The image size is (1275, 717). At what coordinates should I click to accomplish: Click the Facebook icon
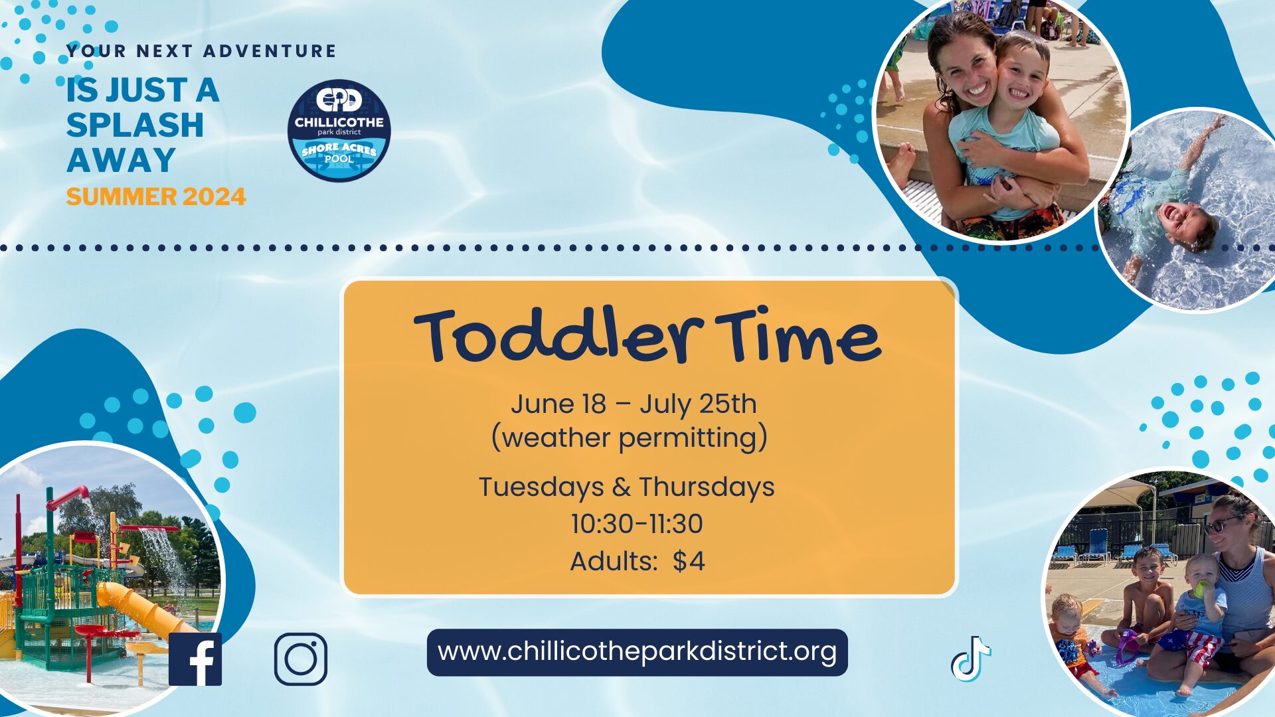click(195, 659)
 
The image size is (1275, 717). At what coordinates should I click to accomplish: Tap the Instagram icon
click(301, 659)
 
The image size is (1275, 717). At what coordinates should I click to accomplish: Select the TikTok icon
click(971, 659)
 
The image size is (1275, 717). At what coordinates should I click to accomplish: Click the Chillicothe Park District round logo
click(339, 131)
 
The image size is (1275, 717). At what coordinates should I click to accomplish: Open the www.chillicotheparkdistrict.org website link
click(637, 652)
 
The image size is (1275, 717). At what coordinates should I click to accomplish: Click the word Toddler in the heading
click(558, 335)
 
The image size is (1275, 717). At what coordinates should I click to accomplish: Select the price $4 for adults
click(689, 562)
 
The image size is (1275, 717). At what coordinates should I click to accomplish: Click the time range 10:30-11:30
click(637, 524)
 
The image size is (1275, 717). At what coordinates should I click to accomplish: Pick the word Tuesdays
click(541, 487)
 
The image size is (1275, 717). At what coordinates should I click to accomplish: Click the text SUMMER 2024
click(156, 197)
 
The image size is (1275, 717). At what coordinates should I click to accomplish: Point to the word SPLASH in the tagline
click(135, 125)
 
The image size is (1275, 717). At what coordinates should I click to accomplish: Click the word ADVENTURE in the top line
click(270, 51)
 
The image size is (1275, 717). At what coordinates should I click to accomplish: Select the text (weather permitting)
click(630, 438)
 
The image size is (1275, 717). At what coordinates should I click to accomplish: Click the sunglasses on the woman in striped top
click(1222, 524)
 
